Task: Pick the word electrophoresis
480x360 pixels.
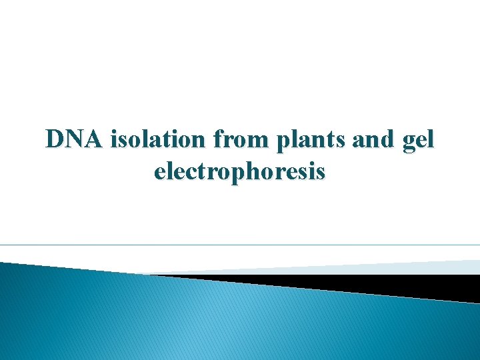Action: tap(240, 172)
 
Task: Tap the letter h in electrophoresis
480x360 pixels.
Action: tap(255, 171)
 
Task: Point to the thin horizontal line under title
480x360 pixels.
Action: tap(240, 245)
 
